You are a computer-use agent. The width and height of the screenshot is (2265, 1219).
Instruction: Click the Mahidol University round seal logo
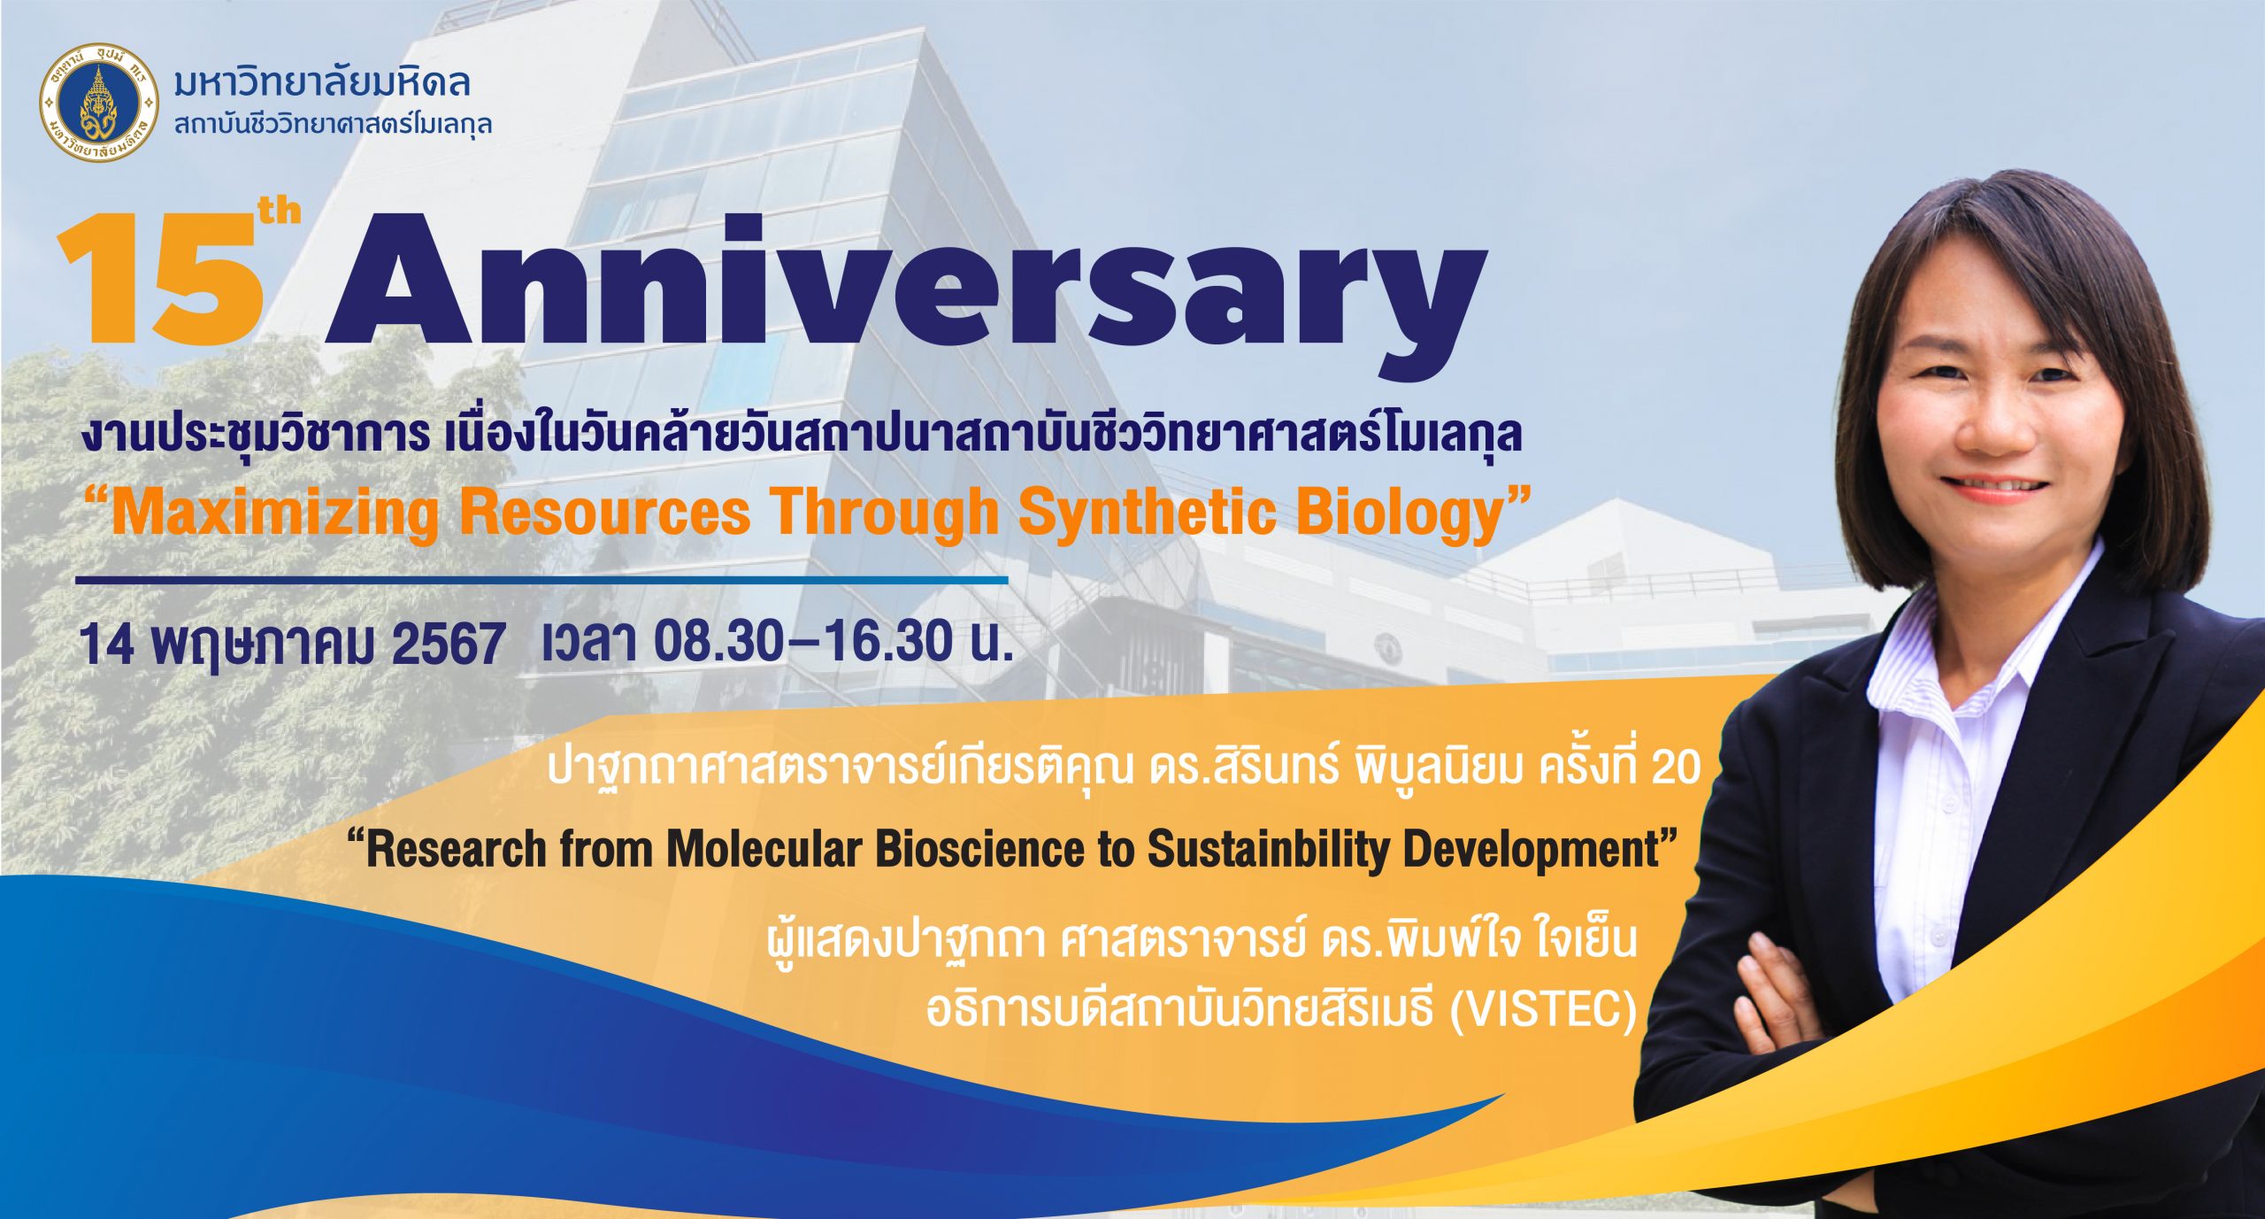point(99,103)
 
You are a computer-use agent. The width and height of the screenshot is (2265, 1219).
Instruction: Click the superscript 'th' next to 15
point(280,212)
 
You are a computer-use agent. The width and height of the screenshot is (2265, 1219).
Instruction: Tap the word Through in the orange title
point(881,513)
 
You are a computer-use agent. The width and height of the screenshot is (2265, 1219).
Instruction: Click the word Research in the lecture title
point(457,850)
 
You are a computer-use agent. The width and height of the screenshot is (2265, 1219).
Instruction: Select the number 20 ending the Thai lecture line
point(1676,768)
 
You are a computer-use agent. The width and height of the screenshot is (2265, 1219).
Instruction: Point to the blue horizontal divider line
point(541,581)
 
